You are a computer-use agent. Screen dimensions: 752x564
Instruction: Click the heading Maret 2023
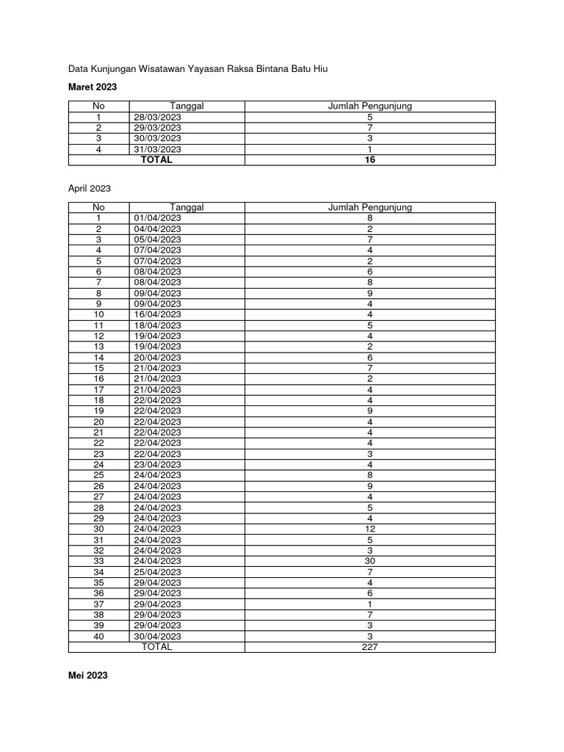tap(93, 87)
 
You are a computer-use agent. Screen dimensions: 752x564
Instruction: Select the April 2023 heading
tap(90, 188)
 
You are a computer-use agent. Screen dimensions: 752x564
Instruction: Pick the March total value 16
tap(370, 159)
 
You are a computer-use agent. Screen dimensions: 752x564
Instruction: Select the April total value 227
tap(370, 647)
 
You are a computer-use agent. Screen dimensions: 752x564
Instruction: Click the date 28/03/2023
tap(157, 117)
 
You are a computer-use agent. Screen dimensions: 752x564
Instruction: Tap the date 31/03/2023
tap(157, 149)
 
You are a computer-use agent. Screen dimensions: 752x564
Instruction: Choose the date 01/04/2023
tap(157, 218)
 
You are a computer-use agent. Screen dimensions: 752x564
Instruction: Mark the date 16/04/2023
tap(157, 314)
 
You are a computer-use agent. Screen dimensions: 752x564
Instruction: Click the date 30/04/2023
tap(157, 636)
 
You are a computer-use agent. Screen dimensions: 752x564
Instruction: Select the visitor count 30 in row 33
tap(370, 561)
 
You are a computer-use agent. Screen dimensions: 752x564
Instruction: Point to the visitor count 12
tap(370, 529)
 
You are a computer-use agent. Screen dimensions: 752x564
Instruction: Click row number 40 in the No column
tap(98, 636)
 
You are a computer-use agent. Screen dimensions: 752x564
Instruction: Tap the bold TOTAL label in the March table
tap(156, 159)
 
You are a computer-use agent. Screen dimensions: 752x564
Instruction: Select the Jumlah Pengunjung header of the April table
tap(370, 207)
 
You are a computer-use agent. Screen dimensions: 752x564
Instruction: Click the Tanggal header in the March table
tap(187, 106)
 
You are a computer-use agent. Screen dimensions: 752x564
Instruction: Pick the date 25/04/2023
tap(157, 572)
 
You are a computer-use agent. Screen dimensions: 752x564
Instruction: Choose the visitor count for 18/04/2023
tap(370, 325)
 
